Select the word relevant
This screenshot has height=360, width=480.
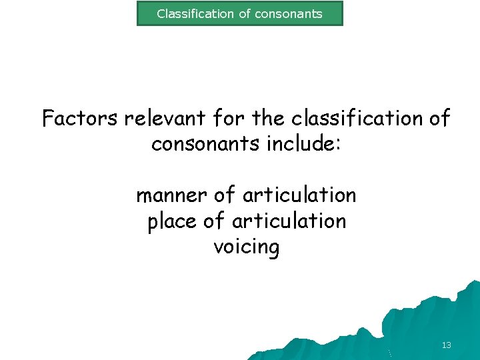point(172,119)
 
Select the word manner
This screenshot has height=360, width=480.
point(171,196)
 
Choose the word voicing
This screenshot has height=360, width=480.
point(246,247)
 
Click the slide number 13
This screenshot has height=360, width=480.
point(446,345)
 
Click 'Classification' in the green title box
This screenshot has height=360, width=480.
point(195,13)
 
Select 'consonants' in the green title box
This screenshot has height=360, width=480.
point(290,13)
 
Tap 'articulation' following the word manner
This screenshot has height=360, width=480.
point(299,196)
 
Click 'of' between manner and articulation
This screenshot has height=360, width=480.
point(225,196)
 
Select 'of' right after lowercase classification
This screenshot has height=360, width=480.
point(440,119)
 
